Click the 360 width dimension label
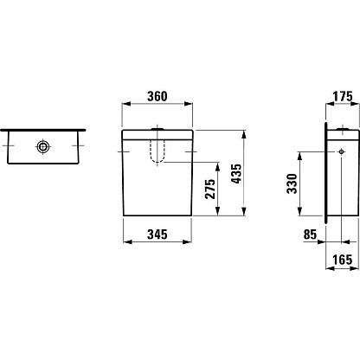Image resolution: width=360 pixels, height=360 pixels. pos(157,96)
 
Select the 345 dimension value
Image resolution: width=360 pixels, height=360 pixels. pos(157,235)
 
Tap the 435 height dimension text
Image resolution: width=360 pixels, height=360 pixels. pos(237,174)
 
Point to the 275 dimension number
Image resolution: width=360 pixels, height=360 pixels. pos(210,189)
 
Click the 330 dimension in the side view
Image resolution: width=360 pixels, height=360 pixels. pos(292,183)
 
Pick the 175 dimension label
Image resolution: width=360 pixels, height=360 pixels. pos(343,96)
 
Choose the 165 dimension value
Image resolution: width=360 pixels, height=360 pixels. pos(343,260)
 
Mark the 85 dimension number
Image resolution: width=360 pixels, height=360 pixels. pos(310,235)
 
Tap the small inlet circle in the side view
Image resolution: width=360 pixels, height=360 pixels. pos(342,151)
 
